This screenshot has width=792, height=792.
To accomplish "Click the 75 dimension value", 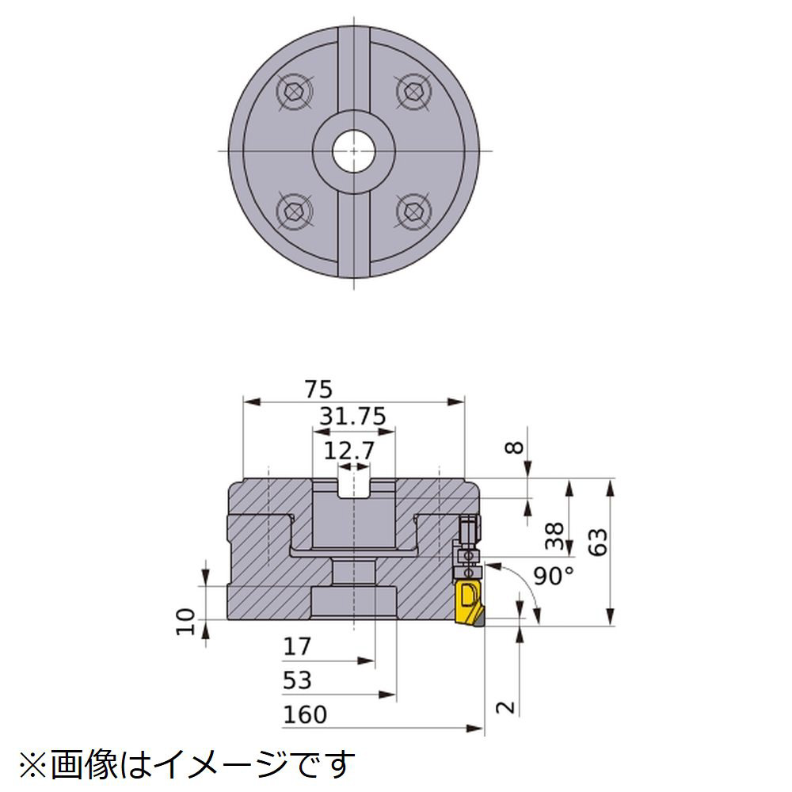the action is pos(318,390).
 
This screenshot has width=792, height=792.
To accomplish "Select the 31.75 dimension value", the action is pos(353,417).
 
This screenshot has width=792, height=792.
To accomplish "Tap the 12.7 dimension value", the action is pos(349,451).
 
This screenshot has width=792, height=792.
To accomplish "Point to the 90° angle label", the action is pos(554,576).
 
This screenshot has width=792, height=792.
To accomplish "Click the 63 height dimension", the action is pos(598,543).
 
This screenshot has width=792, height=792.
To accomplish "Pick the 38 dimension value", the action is pos(554,536).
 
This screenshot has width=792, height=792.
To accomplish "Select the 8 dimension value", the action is pos(515,447).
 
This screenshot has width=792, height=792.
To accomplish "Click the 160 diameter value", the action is pos(305,714).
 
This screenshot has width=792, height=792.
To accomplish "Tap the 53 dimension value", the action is pos(297,680).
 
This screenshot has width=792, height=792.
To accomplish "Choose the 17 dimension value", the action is pos(297,646).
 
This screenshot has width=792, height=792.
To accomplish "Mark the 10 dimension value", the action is pos(186,622).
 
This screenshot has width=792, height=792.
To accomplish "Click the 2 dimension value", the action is pos(506,707).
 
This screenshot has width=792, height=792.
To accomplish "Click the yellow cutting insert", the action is pos(470,604).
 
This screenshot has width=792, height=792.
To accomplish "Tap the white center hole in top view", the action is pos(353,151).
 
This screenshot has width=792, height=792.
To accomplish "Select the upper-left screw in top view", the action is pos(295,92).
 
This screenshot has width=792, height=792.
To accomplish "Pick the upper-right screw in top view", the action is pos(413,92).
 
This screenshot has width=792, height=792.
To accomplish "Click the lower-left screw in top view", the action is pos(295,211).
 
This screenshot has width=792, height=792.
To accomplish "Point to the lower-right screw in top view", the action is pos(413,211).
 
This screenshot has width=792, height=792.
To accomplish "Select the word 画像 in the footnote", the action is pos(84,765).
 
